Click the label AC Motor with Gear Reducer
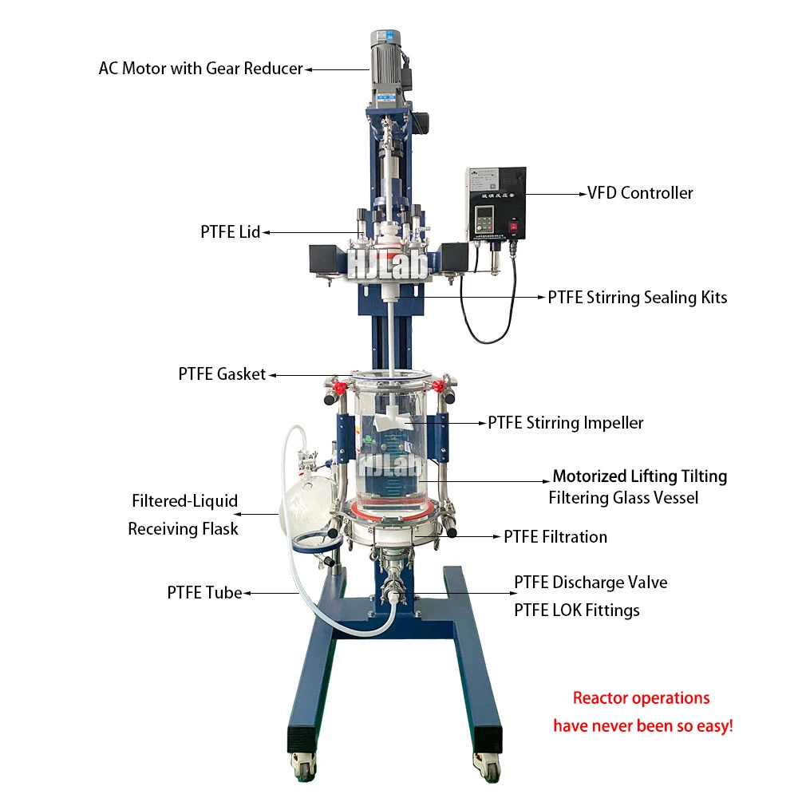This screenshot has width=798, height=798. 200,69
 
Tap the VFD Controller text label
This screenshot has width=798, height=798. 640,193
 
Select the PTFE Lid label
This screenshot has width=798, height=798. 230,232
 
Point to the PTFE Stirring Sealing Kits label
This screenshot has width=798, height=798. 637,298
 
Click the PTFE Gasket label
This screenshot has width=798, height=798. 222,374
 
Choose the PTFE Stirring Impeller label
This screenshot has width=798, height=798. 565,423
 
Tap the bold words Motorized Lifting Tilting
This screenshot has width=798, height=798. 639,476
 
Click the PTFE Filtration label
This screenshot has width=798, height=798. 555,537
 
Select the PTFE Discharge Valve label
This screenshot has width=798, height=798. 591,583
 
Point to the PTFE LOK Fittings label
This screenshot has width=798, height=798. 576,611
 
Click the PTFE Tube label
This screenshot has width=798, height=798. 204,593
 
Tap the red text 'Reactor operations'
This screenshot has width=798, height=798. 641,698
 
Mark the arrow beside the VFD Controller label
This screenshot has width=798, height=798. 555,193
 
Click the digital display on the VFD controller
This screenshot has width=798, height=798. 482,216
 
